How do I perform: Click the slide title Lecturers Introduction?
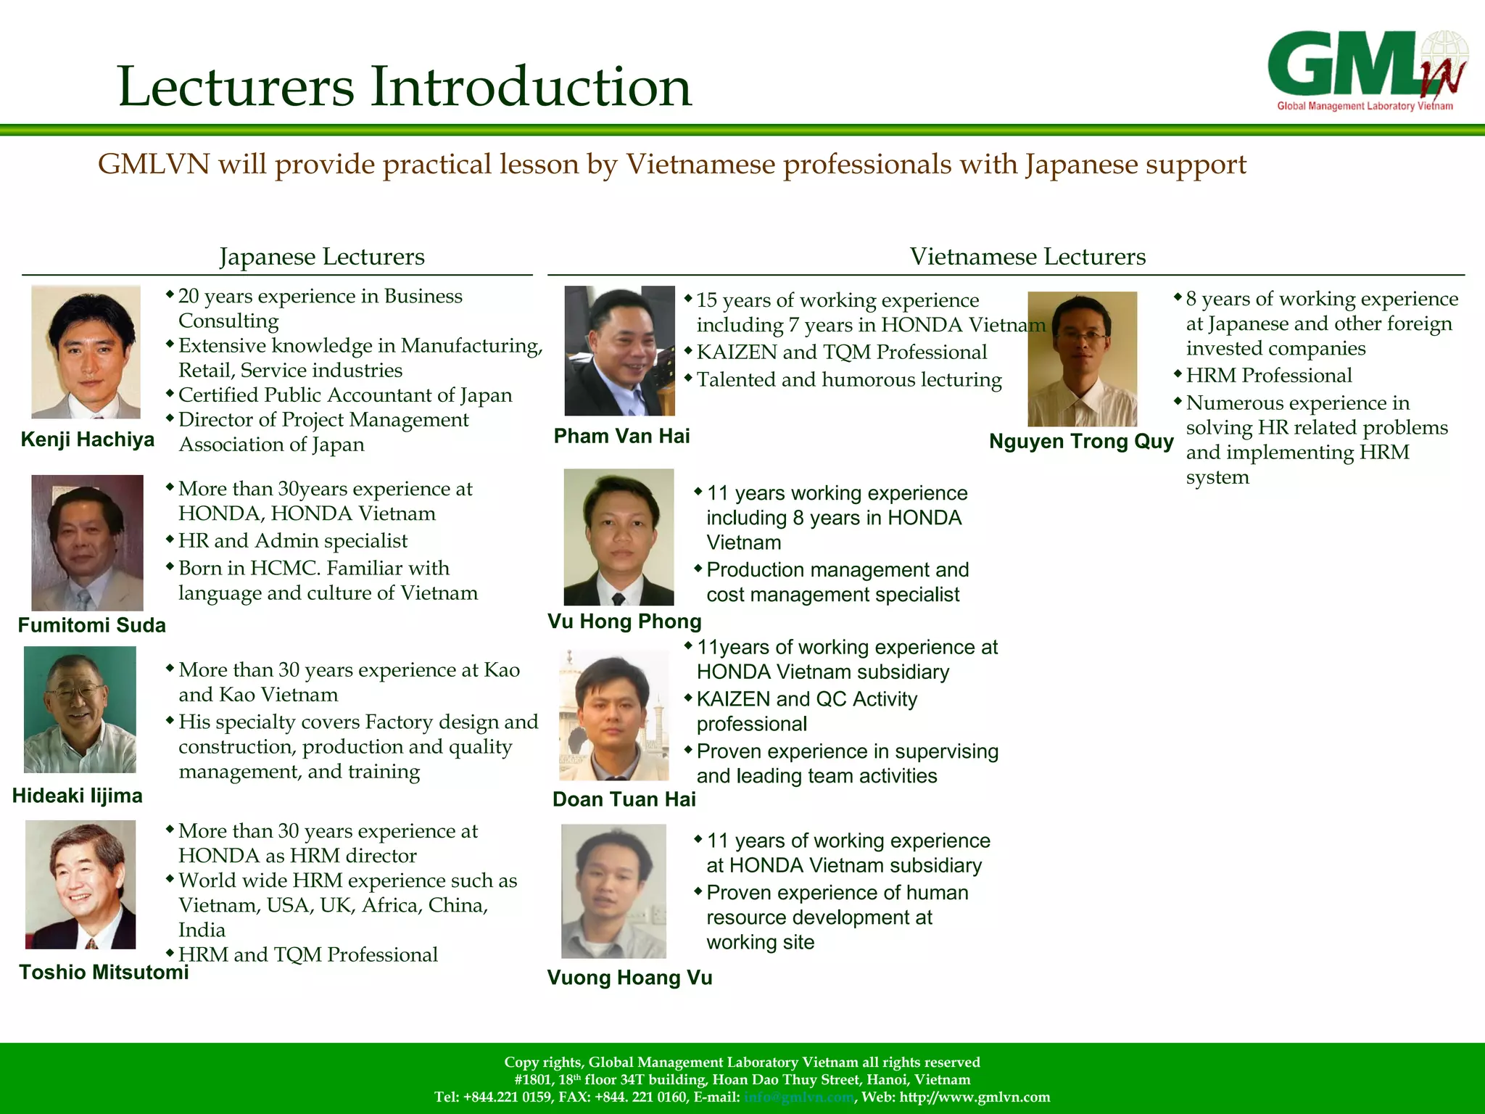[405, 87]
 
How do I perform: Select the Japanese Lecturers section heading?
[322, 257]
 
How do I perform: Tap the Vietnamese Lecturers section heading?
[1027, 257]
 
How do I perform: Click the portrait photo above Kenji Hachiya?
[86, 352]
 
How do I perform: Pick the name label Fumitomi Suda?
[91, 625]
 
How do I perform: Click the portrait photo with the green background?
[80, 709]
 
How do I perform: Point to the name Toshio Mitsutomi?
[104, 972]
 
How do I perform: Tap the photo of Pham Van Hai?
[619, 350]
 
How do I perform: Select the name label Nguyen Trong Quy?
[1081, 441]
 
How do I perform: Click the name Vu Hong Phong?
[624, 621]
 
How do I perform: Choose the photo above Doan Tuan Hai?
[613, 715]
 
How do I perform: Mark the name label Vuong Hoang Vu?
[629, 978]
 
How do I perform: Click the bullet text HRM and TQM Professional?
[307, 954]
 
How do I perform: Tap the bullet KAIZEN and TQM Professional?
[841, 352]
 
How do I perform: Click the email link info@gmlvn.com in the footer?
[798, 1097]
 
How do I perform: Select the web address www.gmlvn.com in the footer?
[975, 1097]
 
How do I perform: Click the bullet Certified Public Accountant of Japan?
[345, 395]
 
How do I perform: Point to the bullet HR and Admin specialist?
[293, 541]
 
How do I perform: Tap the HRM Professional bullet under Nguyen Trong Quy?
[1269, 376]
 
